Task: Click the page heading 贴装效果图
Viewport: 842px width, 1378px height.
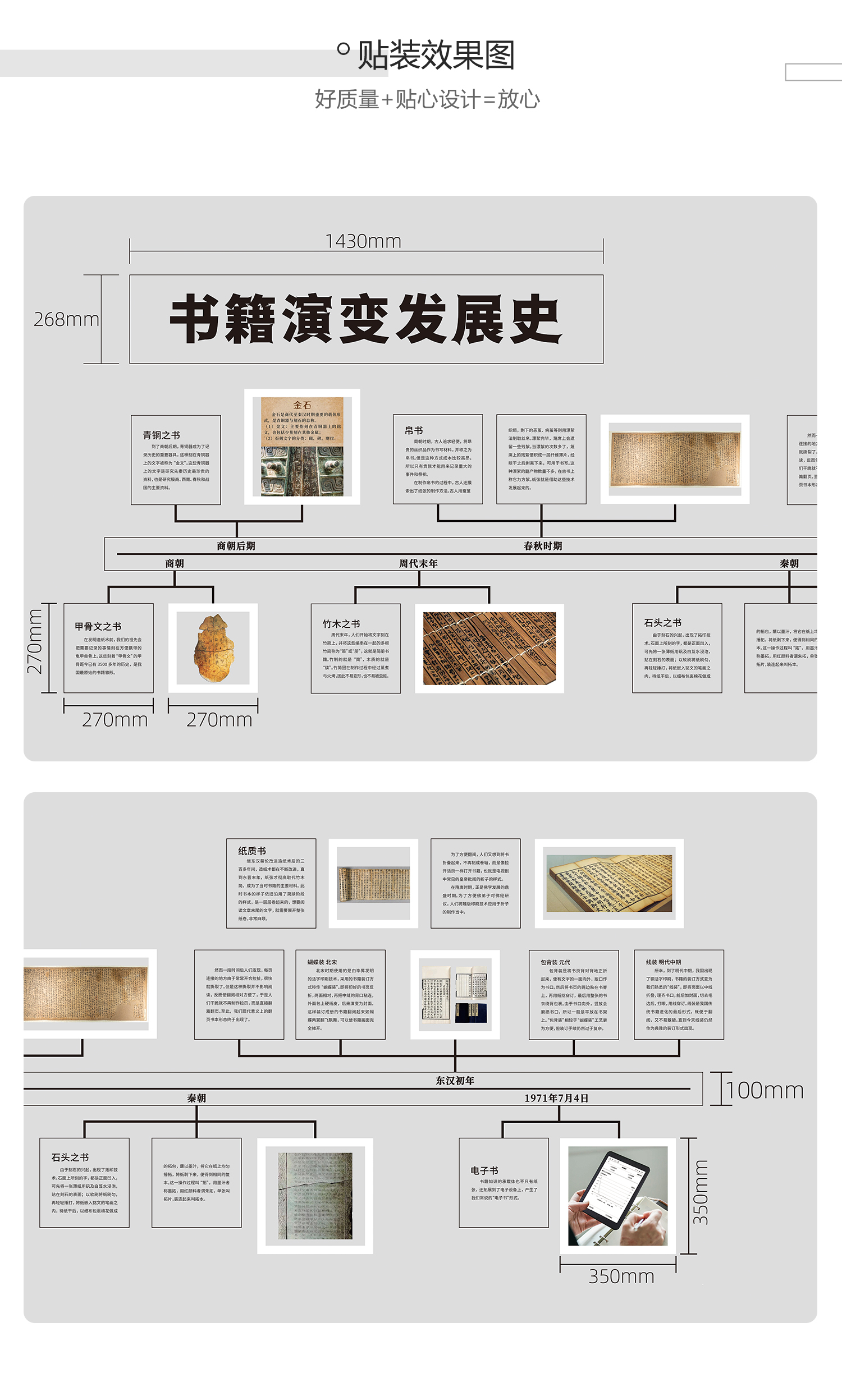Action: coord(436,55)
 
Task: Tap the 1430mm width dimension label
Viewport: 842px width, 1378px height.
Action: coord(363,241)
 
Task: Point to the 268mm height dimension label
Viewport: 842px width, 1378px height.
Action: coord(66,319)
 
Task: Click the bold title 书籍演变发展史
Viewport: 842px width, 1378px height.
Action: coord(366,319)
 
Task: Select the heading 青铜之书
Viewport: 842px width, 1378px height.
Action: coord(161,435)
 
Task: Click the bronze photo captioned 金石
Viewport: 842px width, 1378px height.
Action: coord(302,447)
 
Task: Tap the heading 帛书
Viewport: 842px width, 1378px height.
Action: coord(414,430)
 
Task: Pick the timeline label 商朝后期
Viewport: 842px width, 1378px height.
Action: coord(236,546)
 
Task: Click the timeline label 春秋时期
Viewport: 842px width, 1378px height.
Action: coord(542,546)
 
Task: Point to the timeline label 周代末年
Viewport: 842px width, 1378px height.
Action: coord(418,563)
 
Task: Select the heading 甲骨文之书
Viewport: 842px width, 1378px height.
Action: coord(98,626)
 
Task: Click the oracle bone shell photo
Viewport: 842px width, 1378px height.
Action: coord(213,647)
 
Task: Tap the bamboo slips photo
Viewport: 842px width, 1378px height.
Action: coord(489,648)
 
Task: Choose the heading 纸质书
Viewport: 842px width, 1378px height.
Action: coord(252,851)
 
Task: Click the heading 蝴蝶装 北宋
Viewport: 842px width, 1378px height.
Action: coord(322,962)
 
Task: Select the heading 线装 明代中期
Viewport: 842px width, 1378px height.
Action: coord(663,962)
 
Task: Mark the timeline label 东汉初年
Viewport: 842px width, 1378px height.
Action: coord(455,1081)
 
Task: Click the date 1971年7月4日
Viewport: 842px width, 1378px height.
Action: coord(556,1098)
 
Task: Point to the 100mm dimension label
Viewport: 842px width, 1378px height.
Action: coord(765,1090)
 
